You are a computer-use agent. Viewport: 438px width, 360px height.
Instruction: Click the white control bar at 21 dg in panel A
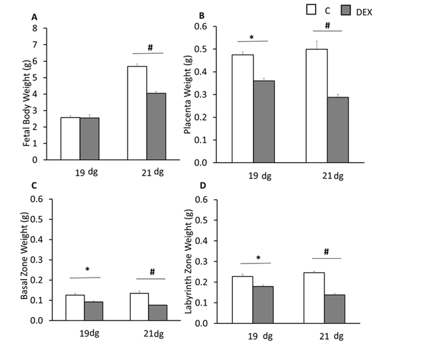(137, 113)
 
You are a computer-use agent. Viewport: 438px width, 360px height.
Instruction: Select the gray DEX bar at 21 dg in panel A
(156, 126)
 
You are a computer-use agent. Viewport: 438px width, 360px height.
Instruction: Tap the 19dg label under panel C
(85, 334)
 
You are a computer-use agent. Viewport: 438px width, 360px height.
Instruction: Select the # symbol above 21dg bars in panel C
(152, 272)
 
